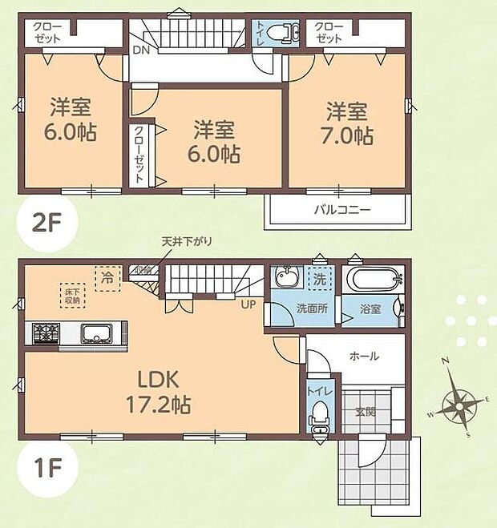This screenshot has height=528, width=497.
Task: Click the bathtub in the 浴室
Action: coord(373,281)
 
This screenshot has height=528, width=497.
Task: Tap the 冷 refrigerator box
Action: coord(106,278)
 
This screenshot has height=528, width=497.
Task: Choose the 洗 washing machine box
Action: coord(320,278)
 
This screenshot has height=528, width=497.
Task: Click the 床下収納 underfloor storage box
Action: coord(71,294)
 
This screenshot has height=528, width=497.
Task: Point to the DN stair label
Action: coord(140,49)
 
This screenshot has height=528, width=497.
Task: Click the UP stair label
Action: coord(248,304)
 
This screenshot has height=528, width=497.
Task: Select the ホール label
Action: coord(364,357)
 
